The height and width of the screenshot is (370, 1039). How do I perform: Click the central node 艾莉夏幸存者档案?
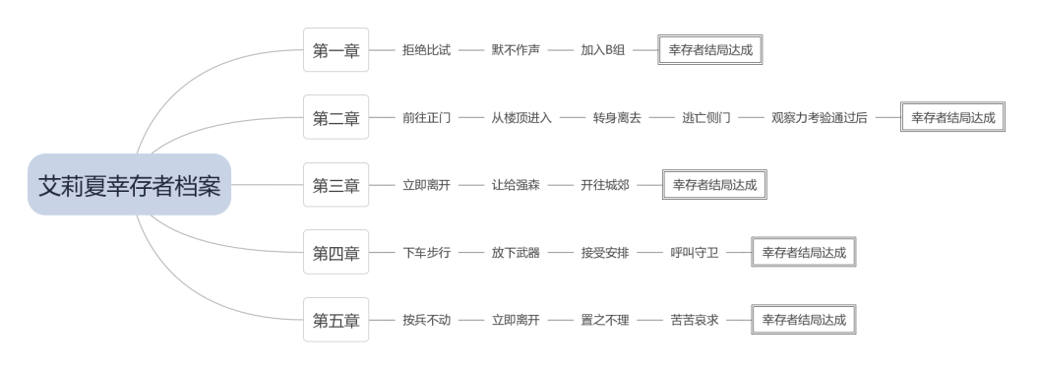point(129,185)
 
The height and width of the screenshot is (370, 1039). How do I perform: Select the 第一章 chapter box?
point(336,50)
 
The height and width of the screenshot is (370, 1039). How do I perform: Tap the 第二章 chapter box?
point(336,117)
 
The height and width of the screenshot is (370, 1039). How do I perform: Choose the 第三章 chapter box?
point(336,185)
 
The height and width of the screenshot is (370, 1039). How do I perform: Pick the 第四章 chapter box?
point(336,253)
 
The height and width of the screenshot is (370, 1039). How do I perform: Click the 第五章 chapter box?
point(336,320)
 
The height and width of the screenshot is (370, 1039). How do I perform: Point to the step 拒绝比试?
point(427,50)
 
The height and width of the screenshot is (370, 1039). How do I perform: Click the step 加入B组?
point(603,50)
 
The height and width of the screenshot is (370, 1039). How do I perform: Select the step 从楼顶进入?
point(521,117)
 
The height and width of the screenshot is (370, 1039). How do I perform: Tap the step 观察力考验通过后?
point(819,117)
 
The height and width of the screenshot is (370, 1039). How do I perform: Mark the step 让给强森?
point(516,185)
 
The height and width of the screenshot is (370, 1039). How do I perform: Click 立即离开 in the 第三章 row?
point(427,185)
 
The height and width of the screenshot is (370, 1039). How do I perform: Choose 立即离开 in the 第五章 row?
point(516,320)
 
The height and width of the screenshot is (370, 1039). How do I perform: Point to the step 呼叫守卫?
point(695,253)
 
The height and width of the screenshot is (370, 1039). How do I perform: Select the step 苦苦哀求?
point(695,320)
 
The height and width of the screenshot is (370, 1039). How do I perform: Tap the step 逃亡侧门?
point(706,117)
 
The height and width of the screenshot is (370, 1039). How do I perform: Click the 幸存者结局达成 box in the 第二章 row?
point(952,117)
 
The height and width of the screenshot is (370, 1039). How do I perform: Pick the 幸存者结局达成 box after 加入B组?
point(710,50)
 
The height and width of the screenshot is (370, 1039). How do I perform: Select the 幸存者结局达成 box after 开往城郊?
point(714,185)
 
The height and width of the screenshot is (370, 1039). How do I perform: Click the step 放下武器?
point(516,253)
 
